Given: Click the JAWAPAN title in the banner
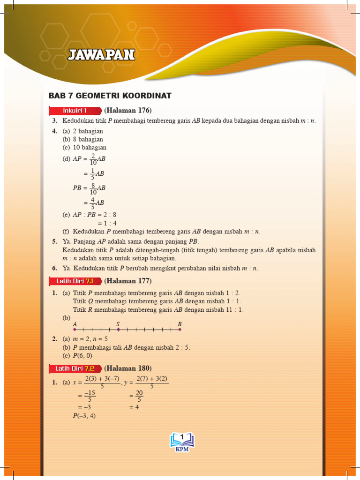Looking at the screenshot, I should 101,55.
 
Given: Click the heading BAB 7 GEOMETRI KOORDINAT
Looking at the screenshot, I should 110,96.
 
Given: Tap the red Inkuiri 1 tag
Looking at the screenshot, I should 75,111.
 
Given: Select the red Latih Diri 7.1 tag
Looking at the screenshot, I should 75,281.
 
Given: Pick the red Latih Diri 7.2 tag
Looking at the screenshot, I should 75,368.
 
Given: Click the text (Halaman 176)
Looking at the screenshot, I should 128,111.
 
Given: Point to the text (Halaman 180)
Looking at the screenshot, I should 128,368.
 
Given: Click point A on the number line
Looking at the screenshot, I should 75,330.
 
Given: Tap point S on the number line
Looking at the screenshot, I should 118,330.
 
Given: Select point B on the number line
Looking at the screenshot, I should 180,330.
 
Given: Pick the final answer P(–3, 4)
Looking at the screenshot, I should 84,416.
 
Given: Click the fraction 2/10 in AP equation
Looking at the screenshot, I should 93,159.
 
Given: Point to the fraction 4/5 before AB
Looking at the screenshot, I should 93,202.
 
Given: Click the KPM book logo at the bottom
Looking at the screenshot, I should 181,442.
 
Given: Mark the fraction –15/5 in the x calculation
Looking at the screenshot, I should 90,397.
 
